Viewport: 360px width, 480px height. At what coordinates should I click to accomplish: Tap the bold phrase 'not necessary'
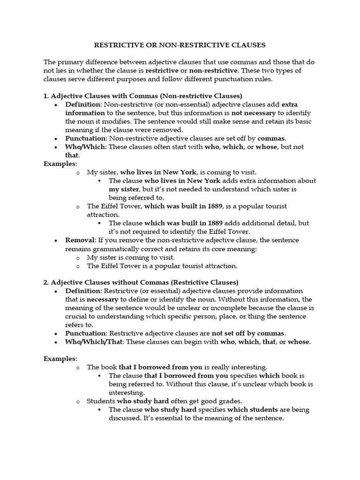tap(250, 112)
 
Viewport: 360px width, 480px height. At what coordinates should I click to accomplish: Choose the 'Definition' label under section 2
tap(83, 291)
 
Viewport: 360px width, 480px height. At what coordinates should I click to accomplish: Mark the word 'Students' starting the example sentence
tap(101, 401)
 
